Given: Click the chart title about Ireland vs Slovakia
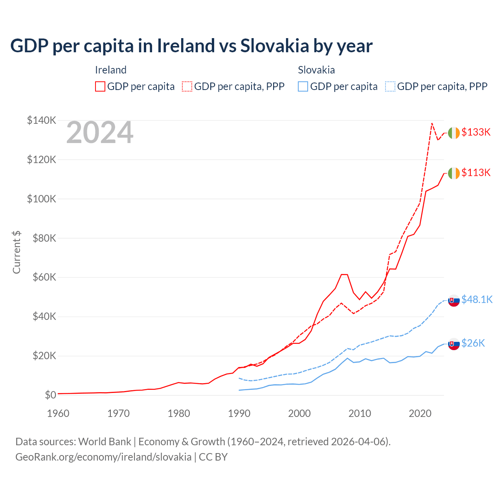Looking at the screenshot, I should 191,46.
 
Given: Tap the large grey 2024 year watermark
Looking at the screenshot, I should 100,133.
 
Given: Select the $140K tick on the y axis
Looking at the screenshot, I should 42,120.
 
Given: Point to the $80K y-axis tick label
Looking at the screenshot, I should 42,238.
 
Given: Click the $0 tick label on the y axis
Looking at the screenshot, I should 50,395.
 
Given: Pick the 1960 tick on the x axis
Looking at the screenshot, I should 58,413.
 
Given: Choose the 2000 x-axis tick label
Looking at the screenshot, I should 299,413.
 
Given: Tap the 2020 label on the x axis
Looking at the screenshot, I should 420,413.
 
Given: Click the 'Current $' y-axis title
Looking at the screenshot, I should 17,252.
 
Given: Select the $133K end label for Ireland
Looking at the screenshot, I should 476,132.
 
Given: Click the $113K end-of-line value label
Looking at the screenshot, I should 476,173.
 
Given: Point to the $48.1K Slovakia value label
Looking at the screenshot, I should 477,300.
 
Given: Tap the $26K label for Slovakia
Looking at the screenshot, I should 473,343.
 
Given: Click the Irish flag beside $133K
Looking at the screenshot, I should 454,133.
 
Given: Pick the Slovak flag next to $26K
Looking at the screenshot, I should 454,344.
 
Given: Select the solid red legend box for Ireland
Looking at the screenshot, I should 100,86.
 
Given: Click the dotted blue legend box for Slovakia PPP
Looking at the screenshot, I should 390,86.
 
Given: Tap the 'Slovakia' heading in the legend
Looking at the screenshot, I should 316,70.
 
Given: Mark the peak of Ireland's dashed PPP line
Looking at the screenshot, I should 432,123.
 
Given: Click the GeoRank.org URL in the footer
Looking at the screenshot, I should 103,457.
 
